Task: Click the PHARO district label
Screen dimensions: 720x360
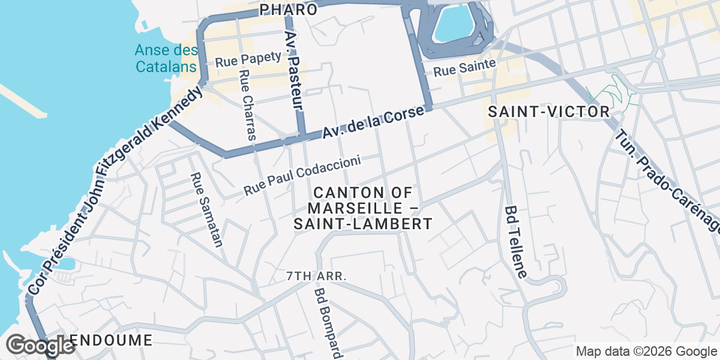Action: coord(289,10)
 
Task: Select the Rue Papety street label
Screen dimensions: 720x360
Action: coord(248,59)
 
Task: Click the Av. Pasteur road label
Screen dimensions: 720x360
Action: coord(293,69)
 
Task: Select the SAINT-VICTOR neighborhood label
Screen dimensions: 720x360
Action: coord(548,112)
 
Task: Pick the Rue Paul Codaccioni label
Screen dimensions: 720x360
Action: coord(302,175)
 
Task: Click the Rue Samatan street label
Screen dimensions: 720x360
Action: coord(206,210)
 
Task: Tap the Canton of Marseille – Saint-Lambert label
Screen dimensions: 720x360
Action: coord(362,208)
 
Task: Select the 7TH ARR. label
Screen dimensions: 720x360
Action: coord(317,277)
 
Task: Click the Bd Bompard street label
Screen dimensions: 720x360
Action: coord(328,321)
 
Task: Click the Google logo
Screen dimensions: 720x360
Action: coord(41,346)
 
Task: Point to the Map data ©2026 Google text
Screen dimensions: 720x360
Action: coord(646,351)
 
